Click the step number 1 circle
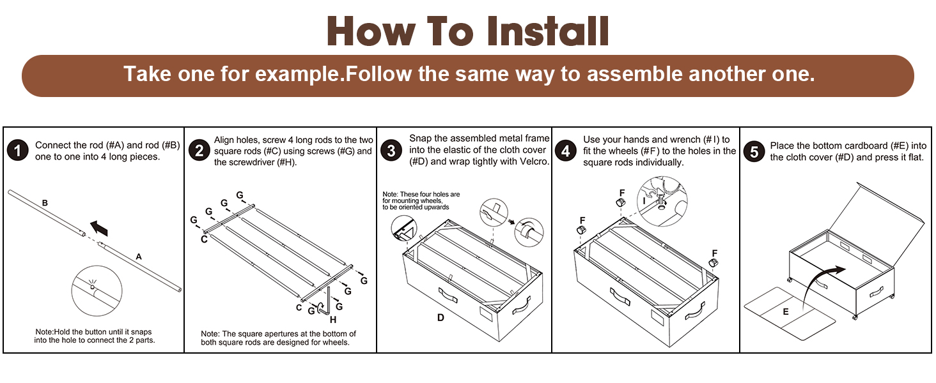[17, 151]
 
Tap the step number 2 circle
[200, 151]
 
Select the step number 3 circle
[391, 151]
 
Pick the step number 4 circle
[566, 151]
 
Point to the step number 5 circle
[754, 151]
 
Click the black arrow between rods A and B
[99, 227]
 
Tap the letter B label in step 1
[45, 203]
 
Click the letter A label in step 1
[138, 257]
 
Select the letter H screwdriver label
[332, 320]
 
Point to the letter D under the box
[441, 317]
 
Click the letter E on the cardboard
[786, 312]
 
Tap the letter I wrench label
[644, 200]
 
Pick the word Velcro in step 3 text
[531, 161]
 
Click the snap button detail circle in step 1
[96, 291]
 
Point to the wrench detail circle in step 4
[664, 199]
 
